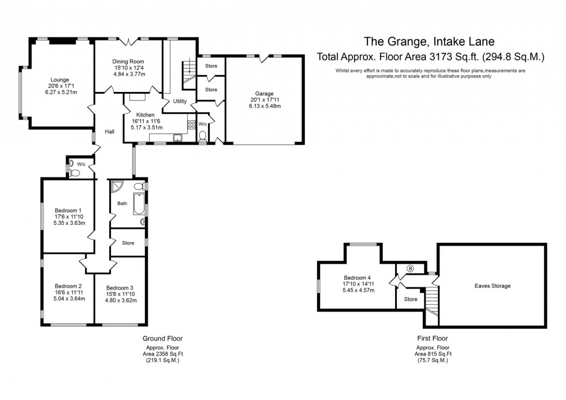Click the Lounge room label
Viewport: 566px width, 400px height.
pos(59,80)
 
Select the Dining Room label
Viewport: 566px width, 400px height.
pos(128,62)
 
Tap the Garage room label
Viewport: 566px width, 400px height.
pos(264,94)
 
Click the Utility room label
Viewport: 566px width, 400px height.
pos(180,101)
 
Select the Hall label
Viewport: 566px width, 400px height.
pos(109,132)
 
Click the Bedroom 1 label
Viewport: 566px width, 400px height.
pos(68,210)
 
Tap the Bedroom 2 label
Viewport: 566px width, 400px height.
pos(68,286)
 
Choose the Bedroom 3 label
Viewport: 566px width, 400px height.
pos(120,288)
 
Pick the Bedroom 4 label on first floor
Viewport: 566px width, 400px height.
pos(358,277)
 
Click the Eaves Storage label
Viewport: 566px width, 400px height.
pos(492,286)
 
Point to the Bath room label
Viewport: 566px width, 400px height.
pos(122,203)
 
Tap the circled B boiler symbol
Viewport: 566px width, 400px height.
pos(411,268)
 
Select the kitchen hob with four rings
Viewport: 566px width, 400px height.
pos(191,125)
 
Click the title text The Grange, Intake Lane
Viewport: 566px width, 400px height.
pos(429,41)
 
